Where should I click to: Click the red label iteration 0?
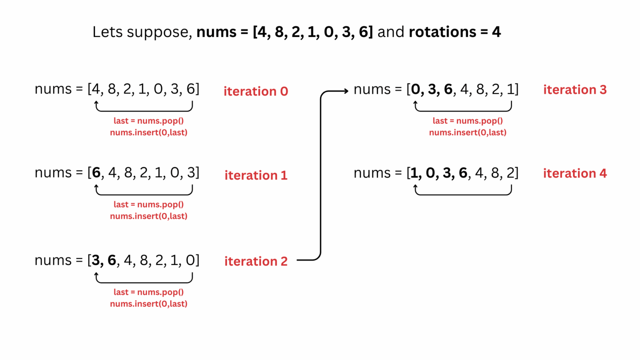(255, 91)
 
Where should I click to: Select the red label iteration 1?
(256, 175)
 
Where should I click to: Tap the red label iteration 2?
(256, 261)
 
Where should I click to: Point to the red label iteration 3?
(575, 90)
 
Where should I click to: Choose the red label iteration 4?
(575, 173)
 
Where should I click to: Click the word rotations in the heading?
(442, 32)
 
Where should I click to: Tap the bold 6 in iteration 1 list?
(96, 172)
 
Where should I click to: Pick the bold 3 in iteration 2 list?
(96, 260)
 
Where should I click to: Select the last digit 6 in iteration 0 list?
(190, 89)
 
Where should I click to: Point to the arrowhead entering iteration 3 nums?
(346, 91)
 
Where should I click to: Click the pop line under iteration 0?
(148, 121)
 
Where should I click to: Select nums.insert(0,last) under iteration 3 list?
(467, 132)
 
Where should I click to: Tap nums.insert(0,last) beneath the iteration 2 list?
(148, 304)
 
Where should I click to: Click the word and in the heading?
(390, 32)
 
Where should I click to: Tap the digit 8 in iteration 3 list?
(480, 89)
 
